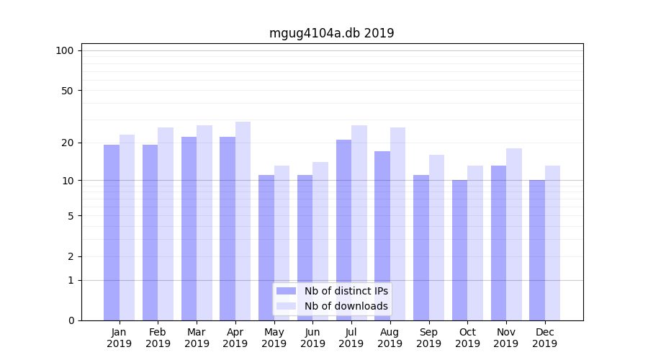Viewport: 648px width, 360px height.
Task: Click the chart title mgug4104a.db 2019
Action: pyautogui.click(x=331, y=33)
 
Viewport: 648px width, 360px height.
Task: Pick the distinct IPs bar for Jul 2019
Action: pyautogui.click(x=343, y=230)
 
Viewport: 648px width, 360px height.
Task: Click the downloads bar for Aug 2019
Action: pyautogui.click(x=397, y=223)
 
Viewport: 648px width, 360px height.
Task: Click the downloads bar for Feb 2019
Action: pyautogui.click(x=166, y=223)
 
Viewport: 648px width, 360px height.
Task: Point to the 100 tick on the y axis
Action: pyautogui.click(x=65, y=50)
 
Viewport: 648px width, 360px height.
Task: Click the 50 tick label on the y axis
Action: pyautogui.click(x=68, y=91)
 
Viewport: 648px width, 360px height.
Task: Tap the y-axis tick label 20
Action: pyautogui.click(x=68, y=143)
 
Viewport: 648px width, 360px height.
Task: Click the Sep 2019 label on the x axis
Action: pyautogui.click(x=428, y=338)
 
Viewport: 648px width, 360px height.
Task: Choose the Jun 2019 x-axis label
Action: pyautogui.click(x=312, y=338)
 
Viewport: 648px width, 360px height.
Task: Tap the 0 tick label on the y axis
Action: pyautogui.click(x=71, y=320)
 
